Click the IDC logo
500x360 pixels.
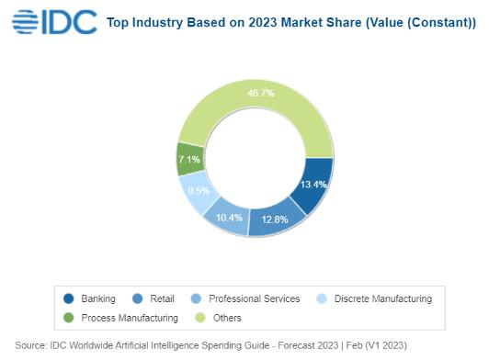coord(54,22)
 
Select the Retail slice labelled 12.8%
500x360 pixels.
coord(275,219)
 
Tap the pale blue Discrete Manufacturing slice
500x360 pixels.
coord(197,191)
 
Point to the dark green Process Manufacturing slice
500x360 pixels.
coord(190,159)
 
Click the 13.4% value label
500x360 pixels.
coord(313,185)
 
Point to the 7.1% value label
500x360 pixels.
coord(189,159)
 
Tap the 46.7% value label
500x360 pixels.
coord(260,93)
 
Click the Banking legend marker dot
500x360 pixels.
coord(69,298)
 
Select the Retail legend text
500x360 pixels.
coord(162,298)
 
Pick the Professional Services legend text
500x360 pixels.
coord(255,298)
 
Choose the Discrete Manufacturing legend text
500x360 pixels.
coord(383,298)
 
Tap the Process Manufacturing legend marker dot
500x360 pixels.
coord(69,318)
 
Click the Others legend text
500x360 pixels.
coord(227,318)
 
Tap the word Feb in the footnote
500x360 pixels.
coord(354,345)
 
